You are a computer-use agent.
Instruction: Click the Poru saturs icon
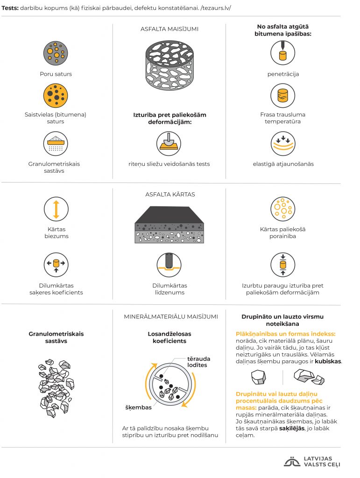coord(56,53)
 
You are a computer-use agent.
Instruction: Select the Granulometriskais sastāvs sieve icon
coord(56,143)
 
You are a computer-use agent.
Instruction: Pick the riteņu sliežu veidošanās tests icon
coord(169,142)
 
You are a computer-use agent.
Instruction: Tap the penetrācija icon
coord(283,53)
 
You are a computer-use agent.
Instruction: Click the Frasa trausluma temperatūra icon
coord(283,95)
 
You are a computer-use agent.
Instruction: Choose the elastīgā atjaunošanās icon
coord(283,143)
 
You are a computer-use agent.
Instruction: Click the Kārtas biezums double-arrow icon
coord(56,209)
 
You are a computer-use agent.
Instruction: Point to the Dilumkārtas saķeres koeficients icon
coord(56,265)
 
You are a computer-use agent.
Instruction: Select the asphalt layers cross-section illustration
coord(169,225)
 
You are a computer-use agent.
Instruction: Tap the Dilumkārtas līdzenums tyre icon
coord(169,265)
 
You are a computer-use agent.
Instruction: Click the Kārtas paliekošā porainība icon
coord(283,209)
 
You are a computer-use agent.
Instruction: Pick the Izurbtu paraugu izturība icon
coord(283,265)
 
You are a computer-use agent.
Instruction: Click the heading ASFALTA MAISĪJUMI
coord(169,29)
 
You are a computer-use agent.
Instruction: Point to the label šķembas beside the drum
coord(139,407)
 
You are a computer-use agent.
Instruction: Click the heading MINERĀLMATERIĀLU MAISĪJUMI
coord(171,316)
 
